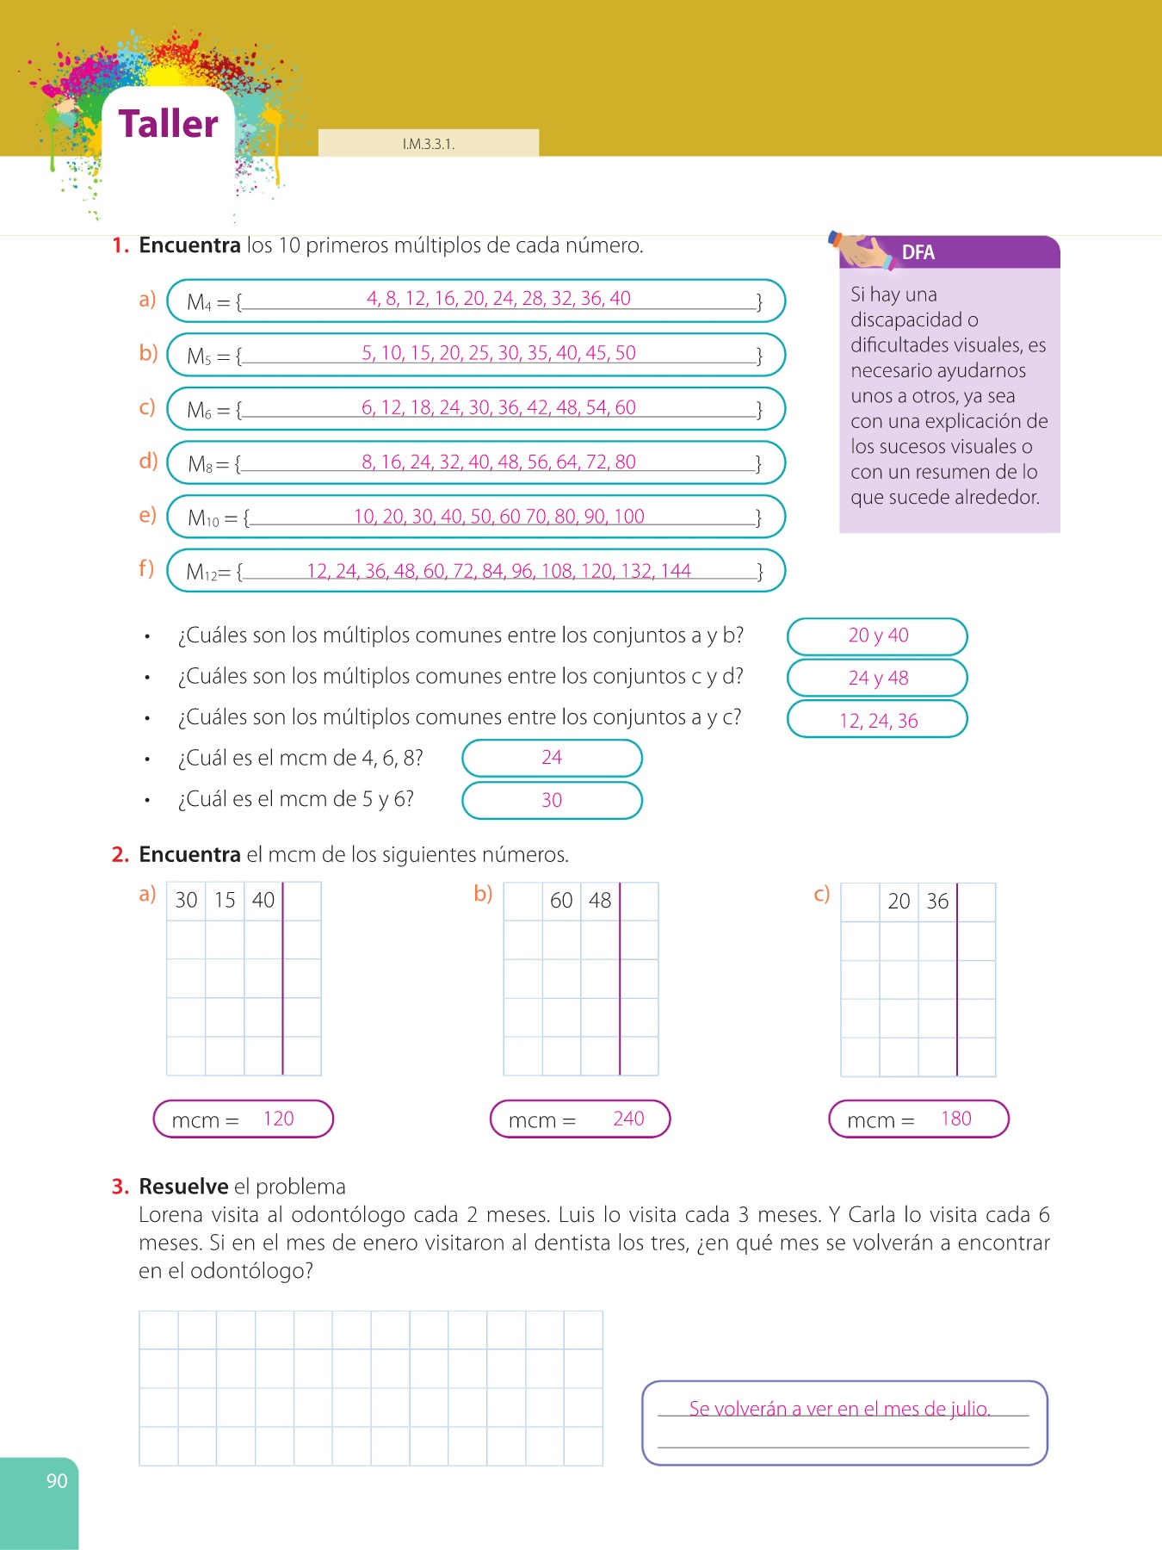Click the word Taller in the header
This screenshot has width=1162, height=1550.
[x=168, y=124]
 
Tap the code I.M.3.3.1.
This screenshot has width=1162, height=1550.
[x=428, y=144]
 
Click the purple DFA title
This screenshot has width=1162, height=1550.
[x=918, y=252]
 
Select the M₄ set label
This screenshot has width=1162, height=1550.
[x=199, y=302]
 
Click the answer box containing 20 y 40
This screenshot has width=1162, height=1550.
[x=877, y=635]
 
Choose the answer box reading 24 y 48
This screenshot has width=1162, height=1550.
[x=877, y=678]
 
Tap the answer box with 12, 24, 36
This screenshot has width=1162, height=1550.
[x=877, y=720]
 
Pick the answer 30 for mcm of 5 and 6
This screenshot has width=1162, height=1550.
[x=552, y=800]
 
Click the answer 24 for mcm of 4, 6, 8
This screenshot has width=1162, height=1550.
[x=552, y=758]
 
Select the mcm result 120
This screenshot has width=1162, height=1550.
[x=278, y=1119]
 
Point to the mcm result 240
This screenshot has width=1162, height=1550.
[x=628, y=1119]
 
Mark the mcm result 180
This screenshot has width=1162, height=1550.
[x=955, y=1119]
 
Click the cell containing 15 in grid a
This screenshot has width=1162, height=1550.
[x=225, y=901]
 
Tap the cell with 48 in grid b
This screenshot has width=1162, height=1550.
[x=600, y=901]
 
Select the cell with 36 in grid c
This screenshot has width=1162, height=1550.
[x=937, y=902]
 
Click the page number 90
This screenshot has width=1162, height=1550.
[x=57, y=1481]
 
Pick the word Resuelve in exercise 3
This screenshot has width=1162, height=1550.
[x=183, y=1187]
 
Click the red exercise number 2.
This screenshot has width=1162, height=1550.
[x=120, y=855]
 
